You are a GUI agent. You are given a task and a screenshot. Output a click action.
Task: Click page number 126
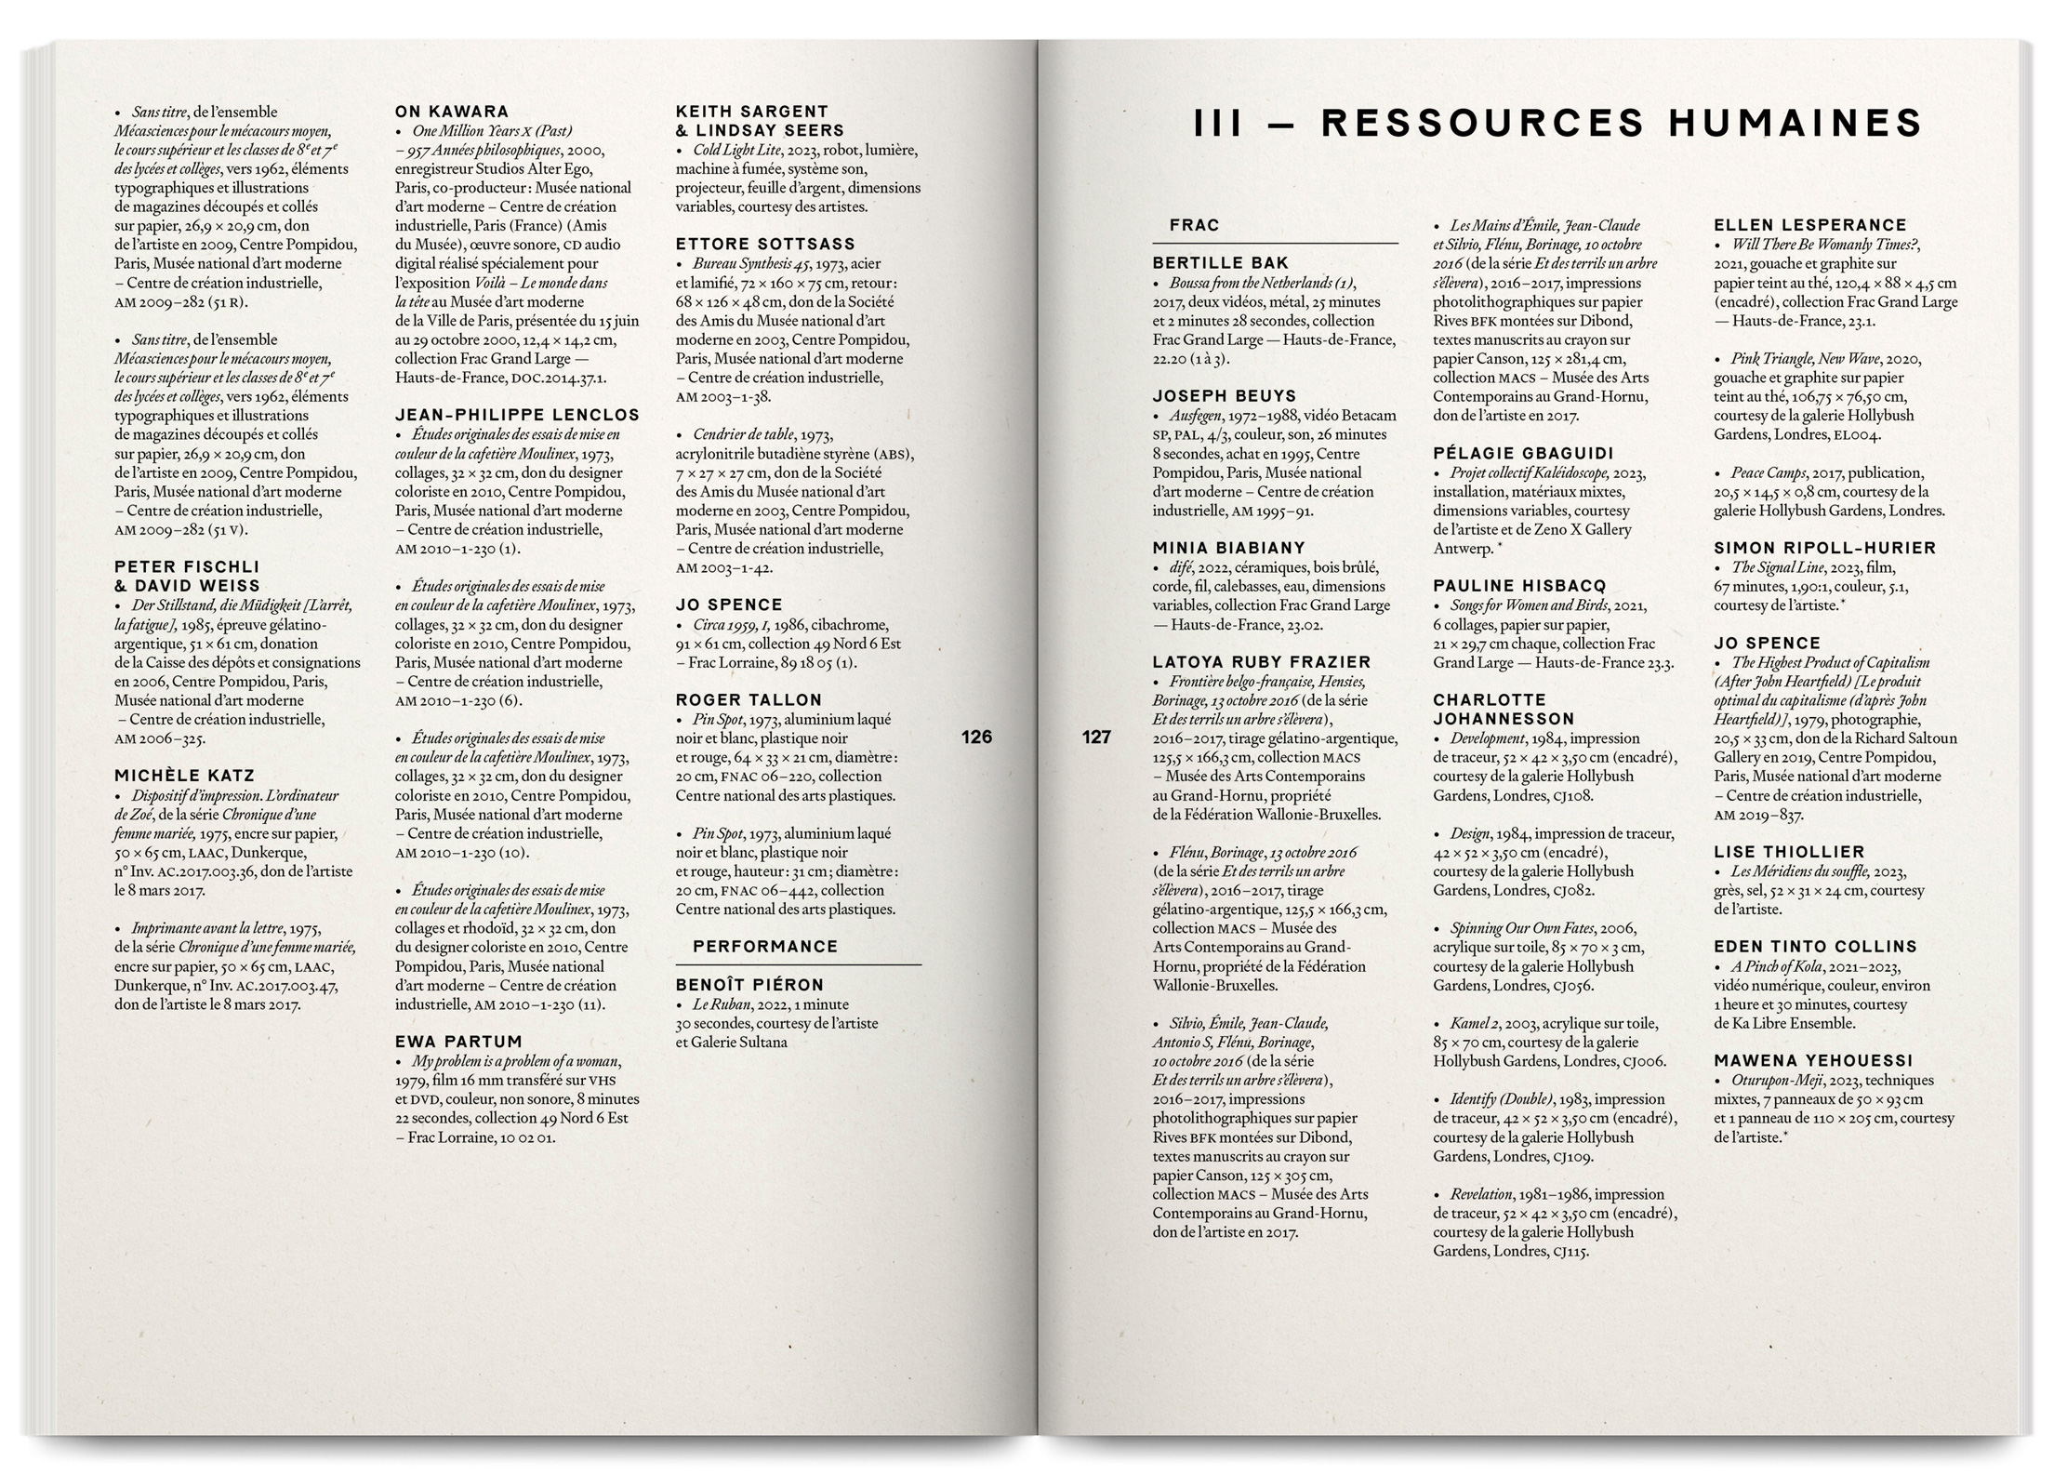pyautogui.click(x=976, y=737)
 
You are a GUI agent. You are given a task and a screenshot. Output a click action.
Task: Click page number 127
pyautogui.click(x=1096, y=737)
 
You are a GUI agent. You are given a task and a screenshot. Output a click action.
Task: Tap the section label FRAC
pyautogui.click(x=1194, y=225)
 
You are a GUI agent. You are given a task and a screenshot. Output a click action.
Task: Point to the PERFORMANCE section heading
pyautogui.click(x=765, y=946)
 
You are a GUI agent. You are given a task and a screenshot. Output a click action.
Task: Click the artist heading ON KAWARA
pyautogui.click(x=452, y=112)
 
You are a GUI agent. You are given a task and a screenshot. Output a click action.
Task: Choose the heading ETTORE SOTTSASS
pyautogui.click(x=765, y=244)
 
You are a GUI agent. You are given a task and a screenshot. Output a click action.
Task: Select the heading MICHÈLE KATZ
pyautogui.click(x=184, y=776)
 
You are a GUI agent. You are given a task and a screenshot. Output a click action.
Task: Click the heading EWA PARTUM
pyautogui.click(x=458, y=1042)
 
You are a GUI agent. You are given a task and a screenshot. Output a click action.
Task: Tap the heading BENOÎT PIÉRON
pyautogui.click(x=749, y=984)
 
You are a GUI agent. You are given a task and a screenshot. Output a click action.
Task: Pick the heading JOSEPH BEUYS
pyautogui.click(x=1224, y=396)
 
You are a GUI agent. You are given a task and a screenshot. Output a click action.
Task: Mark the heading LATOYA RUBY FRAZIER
pyautogui.click(x=1262, y=662)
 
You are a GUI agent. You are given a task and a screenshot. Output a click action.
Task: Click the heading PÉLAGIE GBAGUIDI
pyautogui.click(x=1523, y=453)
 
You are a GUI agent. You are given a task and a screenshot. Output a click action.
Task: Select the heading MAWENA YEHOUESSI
pyautogui.click(x=1813, y=1060)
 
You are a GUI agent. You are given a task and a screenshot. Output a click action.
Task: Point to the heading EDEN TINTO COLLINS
pyautogui.click(x=1815, y=946)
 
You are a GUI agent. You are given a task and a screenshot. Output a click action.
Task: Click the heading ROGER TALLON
pyautogui.click(x=749, y=699)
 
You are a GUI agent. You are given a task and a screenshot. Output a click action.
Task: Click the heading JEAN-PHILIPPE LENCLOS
pyautogui.click(x=517, y=415)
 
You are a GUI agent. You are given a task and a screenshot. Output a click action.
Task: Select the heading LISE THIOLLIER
pyautogui.click(x=1789, y=851)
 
